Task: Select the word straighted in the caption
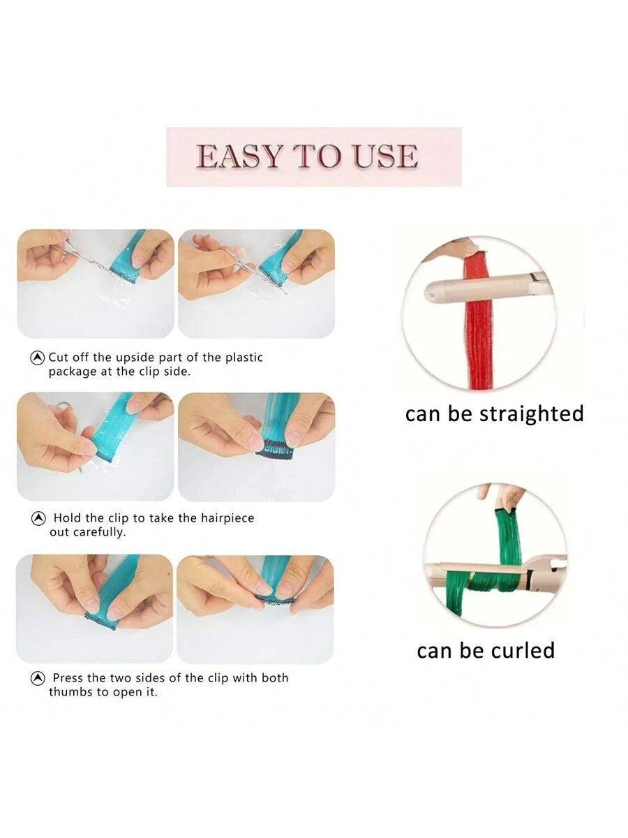pos(531,414)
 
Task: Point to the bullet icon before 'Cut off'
pos(38,358)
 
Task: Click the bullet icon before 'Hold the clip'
pos(38,518)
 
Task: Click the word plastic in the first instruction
pos(244,358)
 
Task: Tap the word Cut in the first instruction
pos(59,358)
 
